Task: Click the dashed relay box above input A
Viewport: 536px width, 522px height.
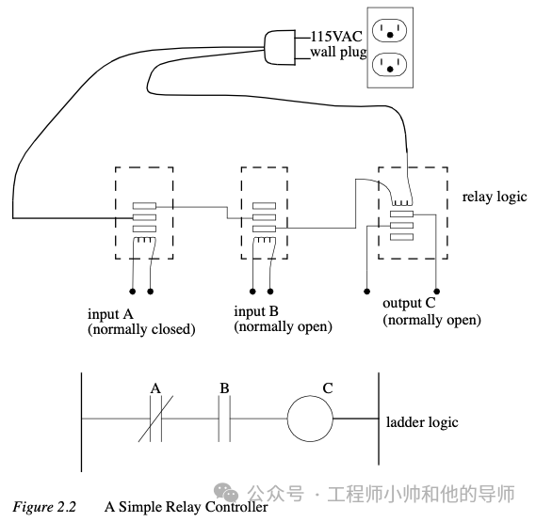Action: pyautogui.click(x=143, y=215)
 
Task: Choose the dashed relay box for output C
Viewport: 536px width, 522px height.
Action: pyautogui.click(x=412, y=215)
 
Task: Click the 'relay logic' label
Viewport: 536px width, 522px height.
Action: pyautogui.click(x=494, y=198)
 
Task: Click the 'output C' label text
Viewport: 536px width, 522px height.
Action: pyautogui.click(x=412, y=304)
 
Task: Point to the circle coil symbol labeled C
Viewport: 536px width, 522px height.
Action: pyautogui.click(x=310, y=418)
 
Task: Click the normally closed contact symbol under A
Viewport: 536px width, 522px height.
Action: pyautogui.click(x=155, y=419)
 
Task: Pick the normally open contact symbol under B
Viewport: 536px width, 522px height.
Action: pyautogui.click(x=225, y=419)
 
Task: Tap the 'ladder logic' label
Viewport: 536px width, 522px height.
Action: pyautogui.click(x=422, y=422)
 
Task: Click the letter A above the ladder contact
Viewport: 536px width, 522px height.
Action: pyautogui.click(x=155, y=387)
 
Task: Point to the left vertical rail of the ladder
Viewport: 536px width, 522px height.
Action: pyautogui.click(x=81, y=419)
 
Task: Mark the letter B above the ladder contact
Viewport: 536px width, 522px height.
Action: pyautogui.click(x=224, y=387)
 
